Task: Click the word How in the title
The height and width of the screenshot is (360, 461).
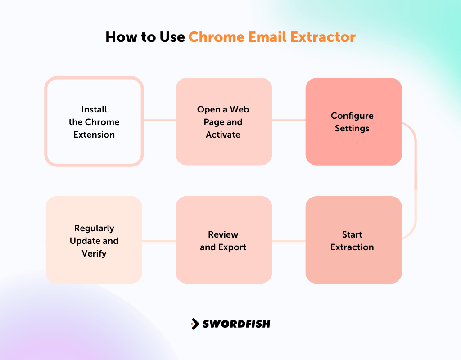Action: [118, 36]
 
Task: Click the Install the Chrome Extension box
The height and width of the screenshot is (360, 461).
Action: [94, 121]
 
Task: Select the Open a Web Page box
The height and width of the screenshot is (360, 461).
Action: [223, 121]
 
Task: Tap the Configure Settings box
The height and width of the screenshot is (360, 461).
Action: [353, 121]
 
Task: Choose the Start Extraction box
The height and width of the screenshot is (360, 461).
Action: [353, 240]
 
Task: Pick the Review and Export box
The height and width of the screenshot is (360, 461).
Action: [223, 240]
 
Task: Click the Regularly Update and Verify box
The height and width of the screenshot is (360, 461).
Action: [94, 240]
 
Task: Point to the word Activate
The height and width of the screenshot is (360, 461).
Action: [223, 135]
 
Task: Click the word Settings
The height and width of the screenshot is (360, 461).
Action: [352, 128]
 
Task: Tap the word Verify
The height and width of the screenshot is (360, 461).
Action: [94, 253]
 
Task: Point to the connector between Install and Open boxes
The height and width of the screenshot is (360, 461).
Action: [159, 120]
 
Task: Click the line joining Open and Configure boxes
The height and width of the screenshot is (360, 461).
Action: [289, 120]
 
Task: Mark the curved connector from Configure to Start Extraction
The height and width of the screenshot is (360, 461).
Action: [415, 180]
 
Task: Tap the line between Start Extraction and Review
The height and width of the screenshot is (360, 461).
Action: [289, 241]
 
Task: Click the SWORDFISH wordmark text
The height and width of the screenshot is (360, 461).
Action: [236, 324]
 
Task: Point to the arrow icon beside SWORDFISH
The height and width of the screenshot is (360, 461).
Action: [195, 324]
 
